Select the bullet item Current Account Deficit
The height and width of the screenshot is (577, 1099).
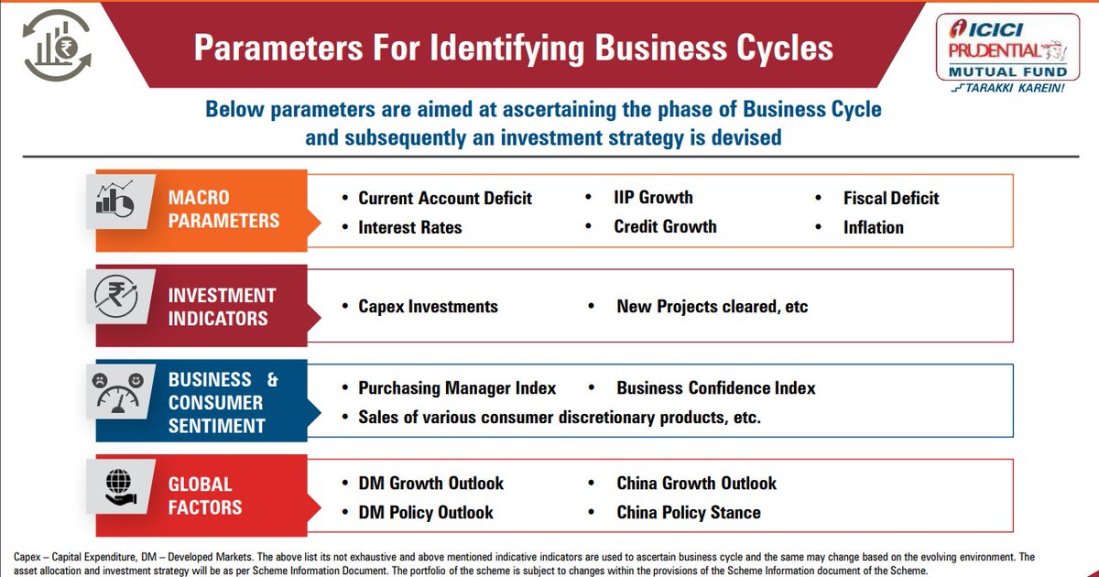point(444,199)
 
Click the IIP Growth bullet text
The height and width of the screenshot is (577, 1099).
point(653,197)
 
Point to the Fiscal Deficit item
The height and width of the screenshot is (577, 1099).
point(891,198)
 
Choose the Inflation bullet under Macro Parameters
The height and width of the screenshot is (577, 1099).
point(873,227)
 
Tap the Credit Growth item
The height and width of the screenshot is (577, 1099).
point(665,226)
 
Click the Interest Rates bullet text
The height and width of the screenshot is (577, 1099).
point(409,227)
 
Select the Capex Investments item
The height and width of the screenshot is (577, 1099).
point(428,306)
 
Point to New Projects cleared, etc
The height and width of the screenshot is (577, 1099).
point(712,306)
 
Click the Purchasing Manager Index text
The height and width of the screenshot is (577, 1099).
point(456,388)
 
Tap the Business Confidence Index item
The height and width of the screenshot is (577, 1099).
point(715,388)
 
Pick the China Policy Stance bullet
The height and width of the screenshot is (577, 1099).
point(689,512)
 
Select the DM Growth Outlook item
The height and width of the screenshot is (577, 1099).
point(430,483)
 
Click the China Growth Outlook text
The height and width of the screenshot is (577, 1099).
point(696,483)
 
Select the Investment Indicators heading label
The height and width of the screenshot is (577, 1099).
point(222,307)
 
